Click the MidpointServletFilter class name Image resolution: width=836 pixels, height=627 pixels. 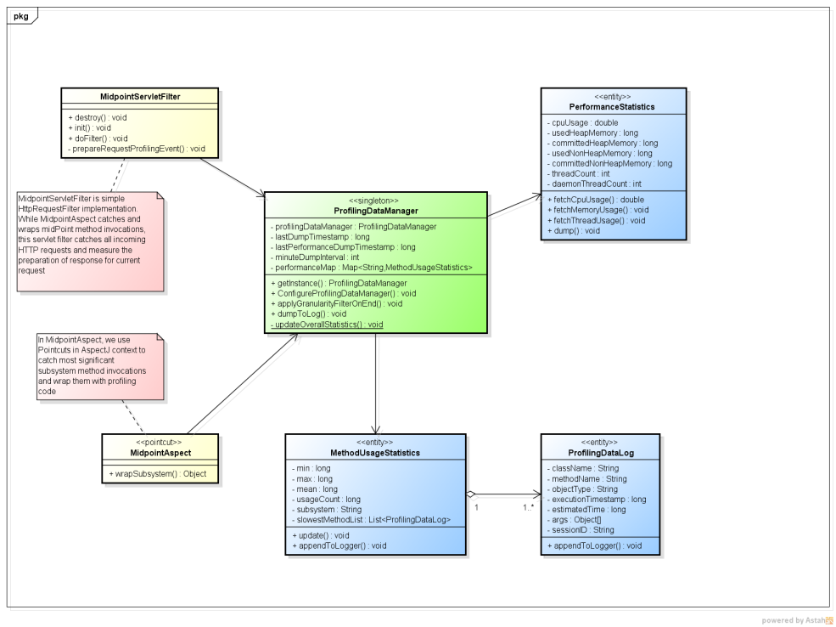coord(139,97)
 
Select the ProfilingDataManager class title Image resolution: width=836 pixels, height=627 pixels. coord(376,211)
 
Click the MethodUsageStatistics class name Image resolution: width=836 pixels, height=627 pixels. coord(375,453)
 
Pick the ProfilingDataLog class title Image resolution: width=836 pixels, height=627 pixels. coord(601,453)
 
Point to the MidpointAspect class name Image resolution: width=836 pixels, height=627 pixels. coord(160,453)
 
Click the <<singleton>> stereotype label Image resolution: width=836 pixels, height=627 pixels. coord(376,201)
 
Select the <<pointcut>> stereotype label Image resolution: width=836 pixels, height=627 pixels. coord(160,443)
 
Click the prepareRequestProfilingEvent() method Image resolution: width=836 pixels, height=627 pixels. coord(138,149)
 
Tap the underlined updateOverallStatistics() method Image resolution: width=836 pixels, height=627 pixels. coord(327,324)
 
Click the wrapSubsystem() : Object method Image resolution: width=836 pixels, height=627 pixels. coord(158,472)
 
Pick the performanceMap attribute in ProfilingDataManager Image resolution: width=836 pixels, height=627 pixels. coord(371,268)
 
